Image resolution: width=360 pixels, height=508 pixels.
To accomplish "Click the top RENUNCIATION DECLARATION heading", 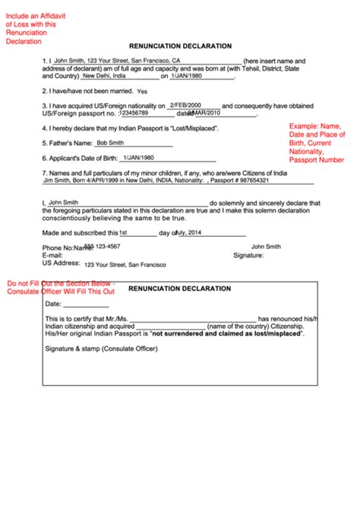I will pos(180,46).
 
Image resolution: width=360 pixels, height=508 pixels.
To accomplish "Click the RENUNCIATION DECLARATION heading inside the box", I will pos(180,289).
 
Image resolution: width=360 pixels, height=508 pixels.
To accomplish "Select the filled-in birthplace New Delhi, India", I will pos(115,76).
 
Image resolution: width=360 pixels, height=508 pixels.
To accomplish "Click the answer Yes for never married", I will pos(143,91).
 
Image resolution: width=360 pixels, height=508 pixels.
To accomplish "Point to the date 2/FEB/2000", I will pos(185,105).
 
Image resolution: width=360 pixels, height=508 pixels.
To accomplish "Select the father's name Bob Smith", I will pos(110,142).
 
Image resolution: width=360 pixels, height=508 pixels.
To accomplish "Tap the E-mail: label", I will pos(52,256).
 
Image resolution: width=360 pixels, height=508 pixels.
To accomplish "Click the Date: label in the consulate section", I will pos(53,304).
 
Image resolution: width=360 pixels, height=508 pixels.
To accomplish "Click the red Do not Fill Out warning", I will pos(61,287).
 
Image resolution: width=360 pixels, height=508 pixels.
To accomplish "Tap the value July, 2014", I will pos(191,232).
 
